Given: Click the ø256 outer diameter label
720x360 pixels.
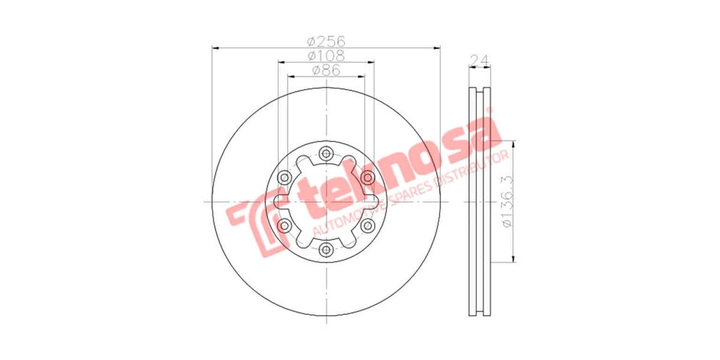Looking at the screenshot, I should coord(326,41).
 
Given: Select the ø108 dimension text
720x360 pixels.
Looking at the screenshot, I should coord(326,56).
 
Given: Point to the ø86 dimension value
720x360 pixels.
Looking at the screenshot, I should coord(326,70).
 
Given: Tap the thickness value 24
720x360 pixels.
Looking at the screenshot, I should coord(478,60).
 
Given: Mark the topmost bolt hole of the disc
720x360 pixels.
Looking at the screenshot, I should coord(326,154).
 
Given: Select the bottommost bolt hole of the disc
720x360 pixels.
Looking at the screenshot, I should coord(326,249).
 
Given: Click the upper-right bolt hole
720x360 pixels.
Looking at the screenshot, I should coord(367,177).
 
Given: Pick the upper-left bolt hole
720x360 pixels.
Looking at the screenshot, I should coord(284,177).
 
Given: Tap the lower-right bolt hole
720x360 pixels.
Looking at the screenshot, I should coord(367,225).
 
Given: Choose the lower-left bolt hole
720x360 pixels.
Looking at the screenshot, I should coord(284,225).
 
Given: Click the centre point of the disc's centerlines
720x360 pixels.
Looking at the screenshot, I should coord(326,201).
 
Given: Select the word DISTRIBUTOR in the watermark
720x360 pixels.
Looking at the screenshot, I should coord(474,169).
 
